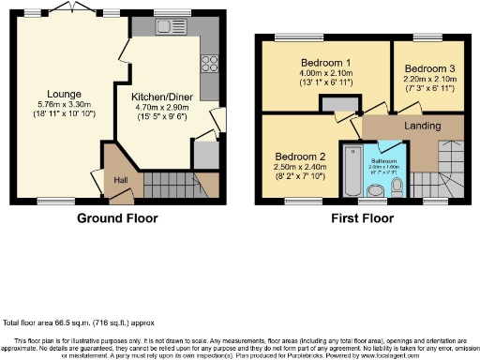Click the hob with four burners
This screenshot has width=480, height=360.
pos(207,63)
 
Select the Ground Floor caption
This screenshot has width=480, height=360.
pos(117,218)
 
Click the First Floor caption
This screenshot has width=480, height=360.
pos(361,218)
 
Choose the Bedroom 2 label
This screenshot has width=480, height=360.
pos(299,157)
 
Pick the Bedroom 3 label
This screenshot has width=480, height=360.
pos(427,67)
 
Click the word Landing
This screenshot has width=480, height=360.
pos(420,126)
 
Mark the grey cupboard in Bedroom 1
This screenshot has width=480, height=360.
pos(332,107)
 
